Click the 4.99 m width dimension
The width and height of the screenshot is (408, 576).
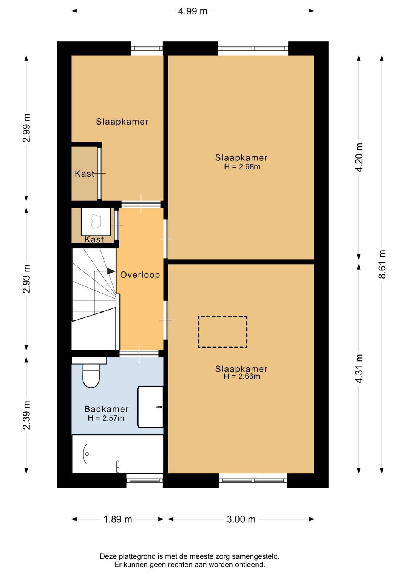(193, 11)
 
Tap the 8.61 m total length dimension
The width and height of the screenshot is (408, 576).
(382, 264)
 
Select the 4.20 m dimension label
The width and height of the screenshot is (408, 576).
(359, 157)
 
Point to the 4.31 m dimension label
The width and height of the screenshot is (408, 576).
(359, 368)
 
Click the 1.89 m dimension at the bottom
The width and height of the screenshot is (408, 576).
(117, 519)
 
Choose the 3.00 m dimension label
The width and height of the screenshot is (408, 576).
(241, 519)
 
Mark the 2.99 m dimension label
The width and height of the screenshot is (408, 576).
(26, 128)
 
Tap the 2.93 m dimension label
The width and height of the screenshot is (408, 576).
(26, 279)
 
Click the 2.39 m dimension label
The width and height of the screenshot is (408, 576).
(26, 415)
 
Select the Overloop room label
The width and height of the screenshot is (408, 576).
(140, 275)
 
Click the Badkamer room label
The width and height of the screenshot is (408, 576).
(106, 409)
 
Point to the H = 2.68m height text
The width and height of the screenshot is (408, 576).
(242, 167)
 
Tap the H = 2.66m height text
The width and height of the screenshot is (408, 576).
(242, 376)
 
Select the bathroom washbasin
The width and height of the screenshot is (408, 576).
(150, 407)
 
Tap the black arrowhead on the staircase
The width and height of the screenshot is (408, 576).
(111, 271)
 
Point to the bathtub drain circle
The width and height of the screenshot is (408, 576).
(87, 454)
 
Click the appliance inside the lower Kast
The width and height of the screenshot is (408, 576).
(96, 222)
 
